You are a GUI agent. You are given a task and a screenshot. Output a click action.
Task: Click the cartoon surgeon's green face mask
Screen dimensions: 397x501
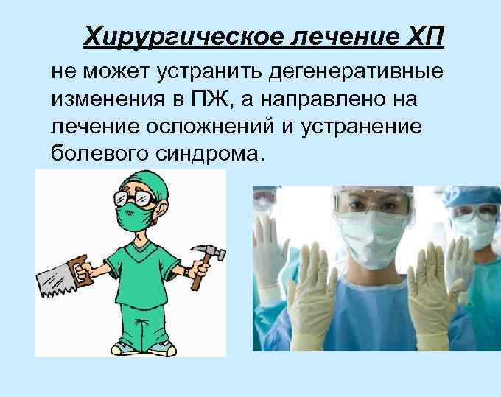(136, 217)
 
